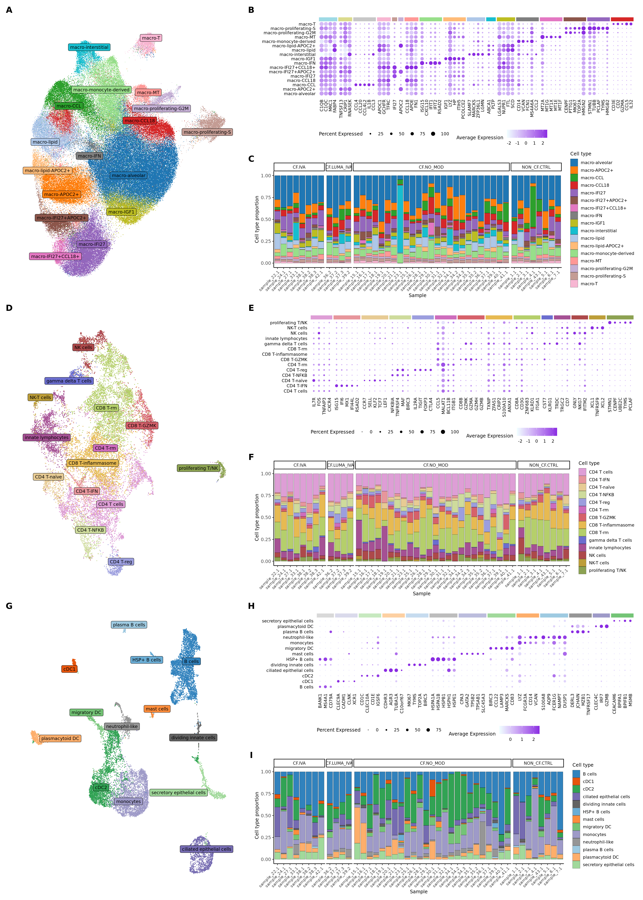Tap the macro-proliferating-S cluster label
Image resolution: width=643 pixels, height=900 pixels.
207,132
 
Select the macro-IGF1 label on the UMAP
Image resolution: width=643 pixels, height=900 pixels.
121,212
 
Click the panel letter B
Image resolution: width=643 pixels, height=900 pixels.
251,10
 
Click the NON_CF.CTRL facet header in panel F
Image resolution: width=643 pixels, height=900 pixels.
543,465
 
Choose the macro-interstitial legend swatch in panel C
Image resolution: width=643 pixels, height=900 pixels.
574,231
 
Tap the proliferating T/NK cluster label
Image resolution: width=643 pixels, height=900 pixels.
198,468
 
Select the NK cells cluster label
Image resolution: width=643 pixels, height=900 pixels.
83,347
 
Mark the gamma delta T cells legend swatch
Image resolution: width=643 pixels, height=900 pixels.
582,540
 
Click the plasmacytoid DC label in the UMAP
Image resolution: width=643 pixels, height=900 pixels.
60,738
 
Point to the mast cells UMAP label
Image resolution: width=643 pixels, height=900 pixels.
157,709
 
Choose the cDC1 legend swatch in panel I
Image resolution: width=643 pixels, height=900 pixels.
576,782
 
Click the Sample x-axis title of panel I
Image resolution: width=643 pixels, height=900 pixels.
418,892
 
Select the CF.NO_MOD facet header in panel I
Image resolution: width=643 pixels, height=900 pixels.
432,763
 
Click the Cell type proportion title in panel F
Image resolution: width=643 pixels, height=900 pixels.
257,517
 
